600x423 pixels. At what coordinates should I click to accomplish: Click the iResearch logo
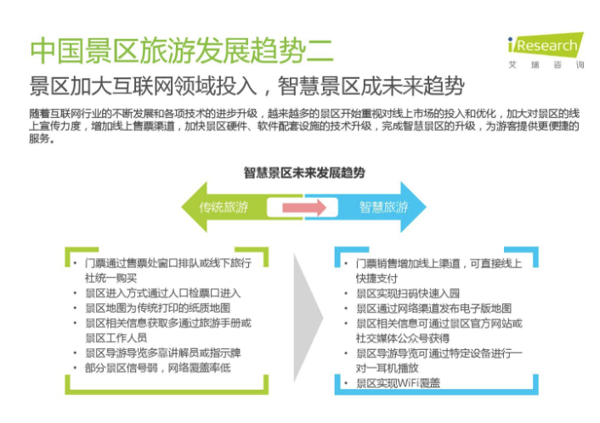pyautogui.click(x=546, y=50)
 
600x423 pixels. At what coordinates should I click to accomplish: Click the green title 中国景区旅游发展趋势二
pyautogui.click(x=182, y=51)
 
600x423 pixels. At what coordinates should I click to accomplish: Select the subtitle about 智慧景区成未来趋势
pyautogui.click(x=246, y=86)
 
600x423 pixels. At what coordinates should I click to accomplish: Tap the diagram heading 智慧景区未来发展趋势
pyautogui.click(x=304, y=173)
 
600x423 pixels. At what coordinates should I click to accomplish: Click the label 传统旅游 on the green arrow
pyautogui.click(x=224, y=207)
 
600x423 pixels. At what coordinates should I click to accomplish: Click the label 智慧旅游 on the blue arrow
pyautogui.click(x=383, y=207)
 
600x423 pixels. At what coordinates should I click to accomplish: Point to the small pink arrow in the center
pyautogui.click(x=304, y=207)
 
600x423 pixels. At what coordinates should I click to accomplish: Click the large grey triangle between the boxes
pyautogui.click(x=308, y=318)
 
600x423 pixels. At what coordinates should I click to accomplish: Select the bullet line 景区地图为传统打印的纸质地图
pyautogui.click(x=158, y=307)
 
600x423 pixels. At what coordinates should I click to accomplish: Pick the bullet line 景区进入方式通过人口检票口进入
pyautogui.click(x=162, y=293)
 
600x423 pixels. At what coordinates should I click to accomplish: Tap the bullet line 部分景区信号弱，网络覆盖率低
pyautogui.click(x=158, y=368)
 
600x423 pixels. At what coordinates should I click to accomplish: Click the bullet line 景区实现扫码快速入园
pyautogui.click(x=408, y=293)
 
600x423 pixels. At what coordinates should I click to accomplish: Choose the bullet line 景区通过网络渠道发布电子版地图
pyautogui.click(x=434, y=308)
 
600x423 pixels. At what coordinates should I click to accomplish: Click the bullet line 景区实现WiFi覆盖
pyautogui.click(x=398, y=383)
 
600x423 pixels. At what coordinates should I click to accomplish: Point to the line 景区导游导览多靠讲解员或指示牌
pyautogui.click(x=162, y=352)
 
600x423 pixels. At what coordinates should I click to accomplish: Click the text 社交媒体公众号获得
pyautogui.click(x=403, y=338)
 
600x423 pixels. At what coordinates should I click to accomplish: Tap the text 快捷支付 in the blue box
pyautogui.click(x=376, y=279)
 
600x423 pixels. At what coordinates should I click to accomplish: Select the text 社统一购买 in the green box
pyautogui.click(x=110, y=278)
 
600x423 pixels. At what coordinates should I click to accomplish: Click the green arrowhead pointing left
pyautogui.click(x=195, y=207)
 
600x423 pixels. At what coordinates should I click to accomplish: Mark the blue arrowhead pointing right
pyautogui.click(x=413, y=207)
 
